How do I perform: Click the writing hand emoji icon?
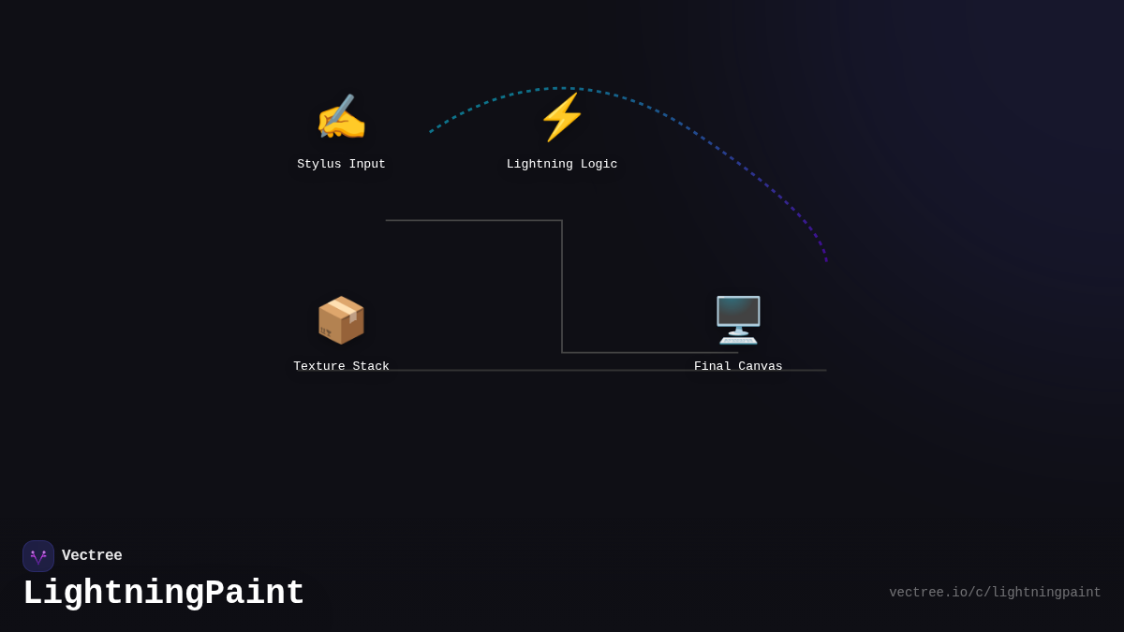coord(341,119)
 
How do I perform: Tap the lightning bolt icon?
coord(562,117)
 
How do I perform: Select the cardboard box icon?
coord(341,320)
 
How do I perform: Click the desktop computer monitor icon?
coord(738,319)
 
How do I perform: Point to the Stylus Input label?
coord(341,165)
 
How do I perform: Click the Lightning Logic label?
coord(562,165)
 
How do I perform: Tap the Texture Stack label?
coord(341,367)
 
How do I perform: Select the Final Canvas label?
coord(738,367)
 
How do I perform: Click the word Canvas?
coord(761,367)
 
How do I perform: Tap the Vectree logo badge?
coord(38,556)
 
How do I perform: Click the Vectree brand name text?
coord(92,556)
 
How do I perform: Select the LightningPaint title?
coord(164,594)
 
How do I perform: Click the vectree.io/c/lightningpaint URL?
coord(995,593)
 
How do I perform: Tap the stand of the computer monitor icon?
coord(738,336)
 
